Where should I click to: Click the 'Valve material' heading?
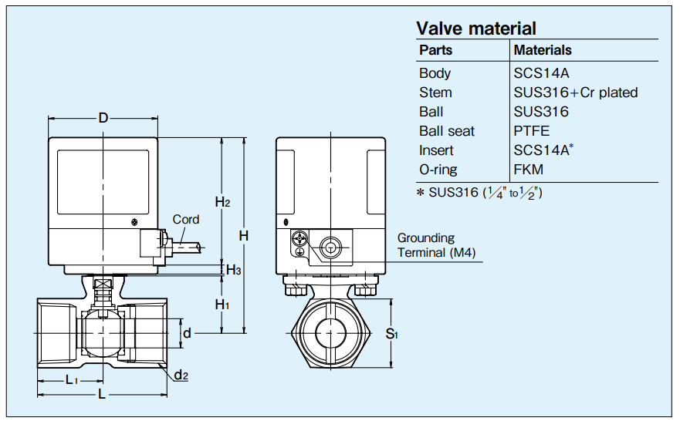pyautogui.click(x=475, y=29)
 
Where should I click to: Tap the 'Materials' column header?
pyautogui.click(x=543, y=50)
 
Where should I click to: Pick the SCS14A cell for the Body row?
pyautogui.click(x=541, y=73)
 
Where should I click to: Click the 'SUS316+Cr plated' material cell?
pyautogui.click(x=576, y=93)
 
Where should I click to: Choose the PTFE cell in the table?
pyautogui.click(x=532, y=131)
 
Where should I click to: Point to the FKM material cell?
pyautogui.click(x=529, y=170)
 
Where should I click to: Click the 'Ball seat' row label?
pyautogui.click(x=447, y=131)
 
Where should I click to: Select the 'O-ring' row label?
pyautogui.click(x=438, y=170)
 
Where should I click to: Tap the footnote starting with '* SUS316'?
pyautogui.click(x=479, y=193)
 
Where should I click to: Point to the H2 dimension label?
pyautogui.click(x=223, y=202)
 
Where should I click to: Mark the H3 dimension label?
pyautogui.click(x=233, y=270)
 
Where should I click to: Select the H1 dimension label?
pyautogui.click(x=222, y=305)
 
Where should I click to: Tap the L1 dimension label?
pyautogui.click(x=71, y=379)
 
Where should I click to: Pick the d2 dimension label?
pyautogui.click(x=181, y=376)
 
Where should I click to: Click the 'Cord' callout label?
pyautogui.click(x=185, y=220)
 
